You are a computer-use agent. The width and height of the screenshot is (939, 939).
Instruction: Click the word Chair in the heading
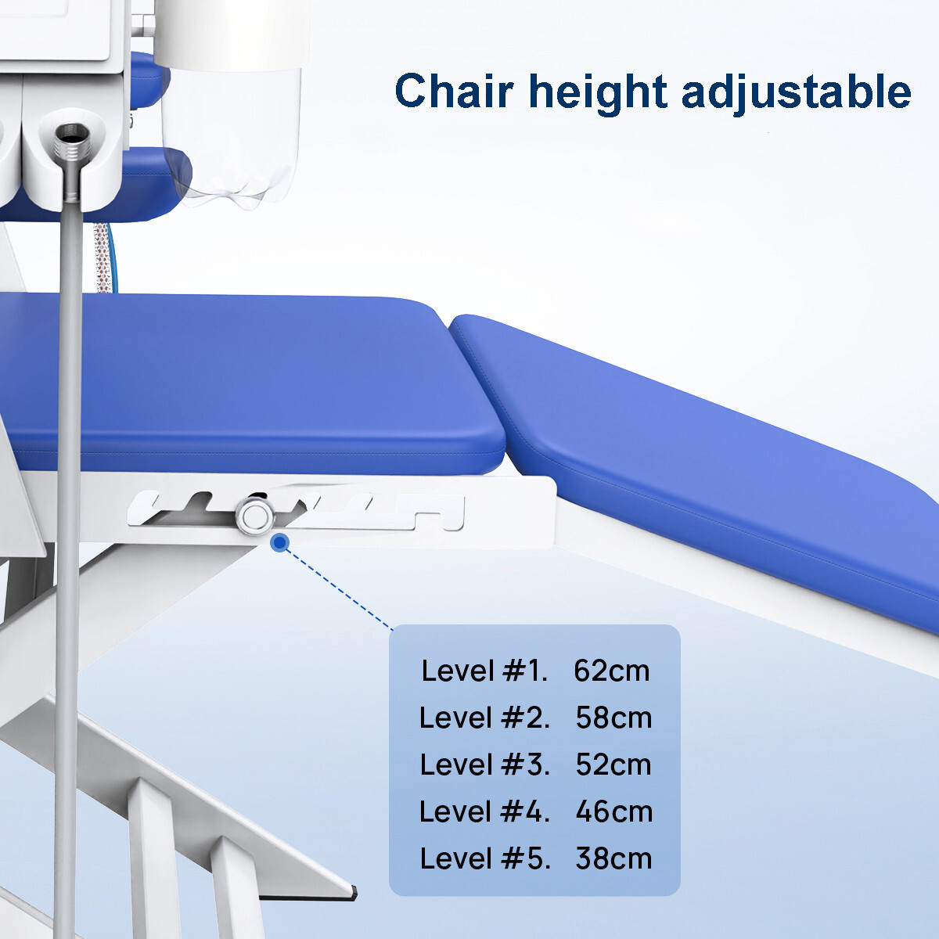tap(454, 91)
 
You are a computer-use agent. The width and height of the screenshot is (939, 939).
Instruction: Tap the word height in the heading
tap(598, 92)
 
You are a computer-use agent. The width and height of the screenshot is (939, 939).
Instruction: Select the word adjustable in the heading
tap(796, 92)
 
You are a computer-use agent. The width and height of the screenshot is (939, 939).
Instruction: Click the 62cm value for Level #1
tap(611, 671)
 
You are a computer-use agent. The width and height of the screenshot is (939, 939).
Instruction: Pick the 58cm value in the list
tap(613, 718)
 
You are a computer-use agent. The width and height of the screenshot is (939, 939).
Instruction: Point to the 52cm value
tap(613, 765)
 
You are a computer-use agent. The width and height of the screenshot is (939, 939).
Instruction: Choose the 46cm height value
tap(613, 812)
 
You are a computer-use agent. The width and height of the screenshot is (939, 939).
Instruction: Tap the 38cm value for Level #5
tap(613, 859)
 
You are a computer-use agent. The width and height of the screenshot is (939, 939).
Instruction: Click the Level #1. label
tap(484, 671)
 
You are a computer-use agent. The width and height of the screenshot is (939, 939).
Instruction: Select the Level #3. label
tap(484, 765)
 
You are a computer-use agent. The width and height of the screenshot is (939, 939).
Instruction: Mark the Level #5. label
tap(484, 859)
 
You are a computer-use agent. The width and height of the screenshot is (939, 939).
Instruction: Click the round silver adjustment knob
tap(255, 516)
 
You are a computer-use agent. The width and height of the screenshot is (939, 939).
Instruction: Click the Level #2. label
tap(484, 718)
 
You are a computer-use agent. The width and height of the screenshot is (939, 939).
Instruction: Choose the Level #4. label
tap(484, 812)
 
